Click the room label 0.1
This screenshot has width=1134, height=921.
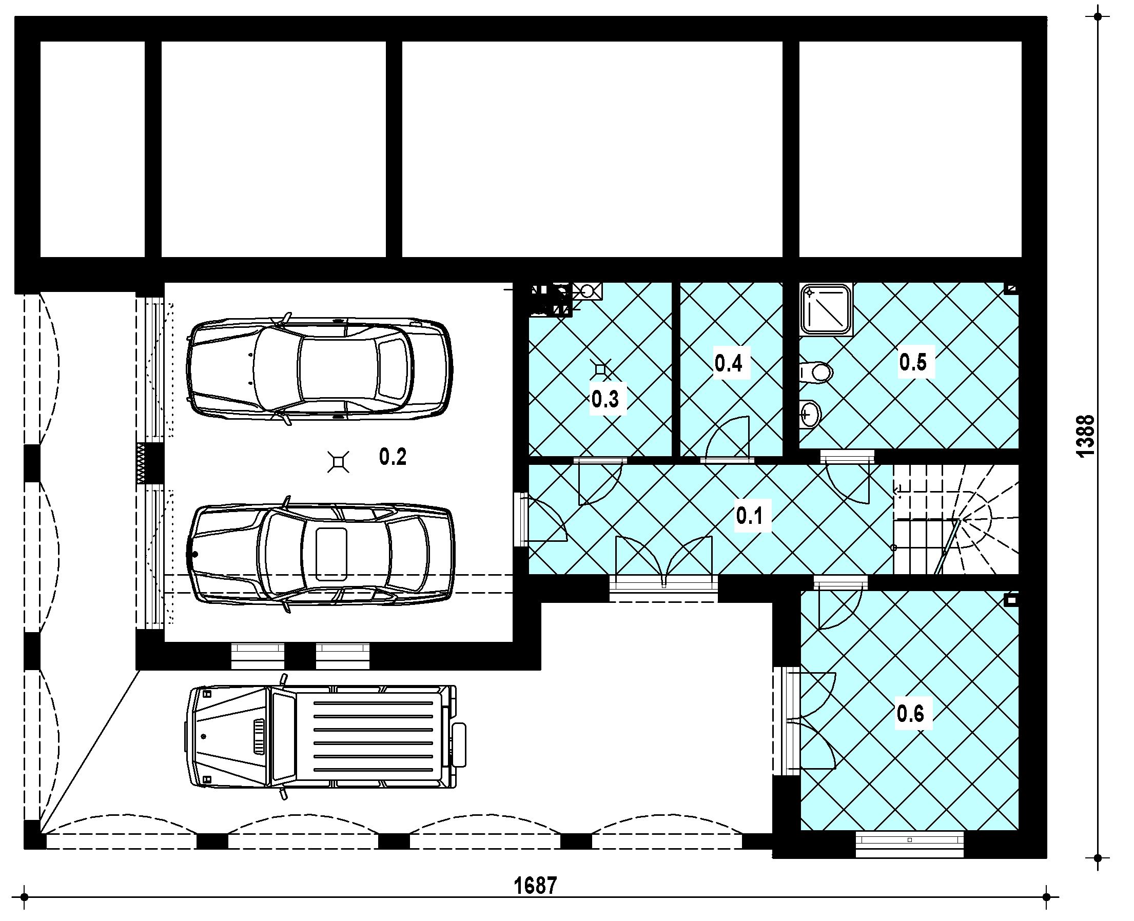coord(749,515)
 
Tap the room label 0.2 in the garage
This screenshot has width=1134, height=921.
coord(393,456)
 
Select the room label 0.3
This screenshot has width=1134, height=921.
coord(605,399)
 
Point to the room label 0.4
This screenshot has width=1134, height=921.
coord(728,363)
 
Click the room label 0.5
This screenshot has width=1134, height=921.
coord(913,362)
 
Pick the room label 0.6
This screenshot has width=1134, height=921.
coord(911,714)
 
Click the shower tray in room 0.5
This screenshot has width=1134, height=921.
coord(826,310)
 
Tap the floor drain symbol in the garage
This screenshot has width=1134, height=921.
coord(339,462)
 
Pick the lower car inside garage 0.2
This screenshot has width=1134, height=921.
coord(322,554)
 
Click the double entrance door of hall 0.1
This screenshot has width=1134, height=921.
coord(663,562)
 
